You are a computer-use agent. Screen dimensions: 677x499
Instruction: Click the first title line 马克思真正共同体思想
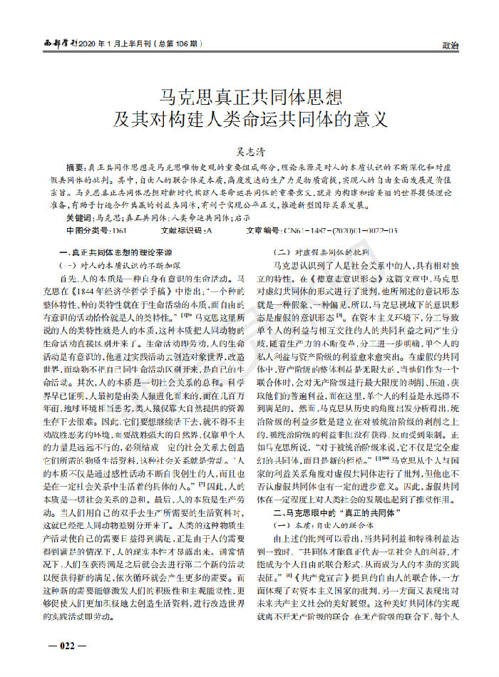coord(249,95)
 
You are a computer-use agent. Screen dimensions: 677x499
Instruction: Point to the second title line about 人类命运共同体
coord(249,118)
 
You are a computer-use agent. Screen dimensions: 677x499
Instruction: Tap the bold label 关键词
coord(79,218)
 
